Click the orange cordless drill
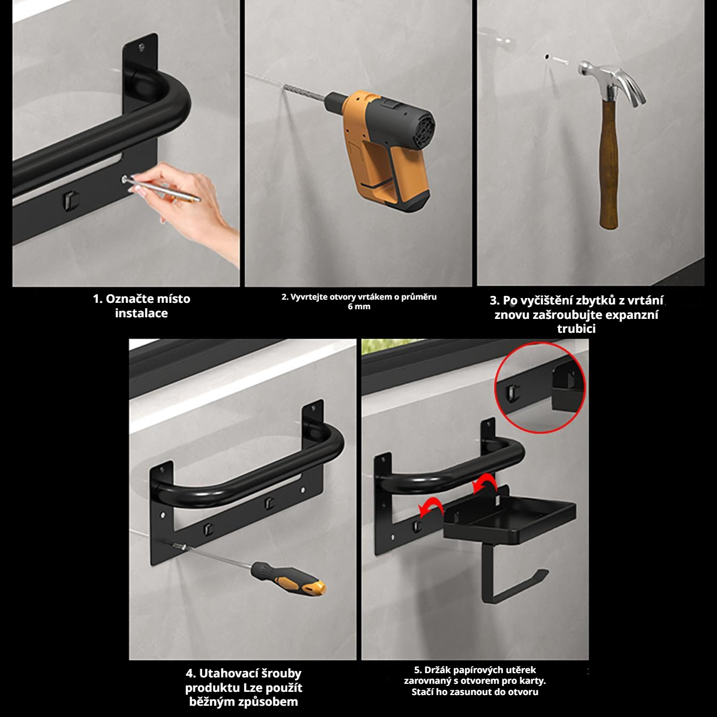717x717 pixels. (x=383, y=149)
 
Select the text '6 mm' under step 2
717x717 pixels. (x=358, y=307)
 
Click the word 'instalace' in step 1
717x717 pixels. (x=141, y=314)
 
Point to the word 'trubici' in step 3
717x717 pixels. (x=576, y=329)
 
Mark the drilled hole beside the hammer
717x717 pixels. (x=547, y=57)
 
